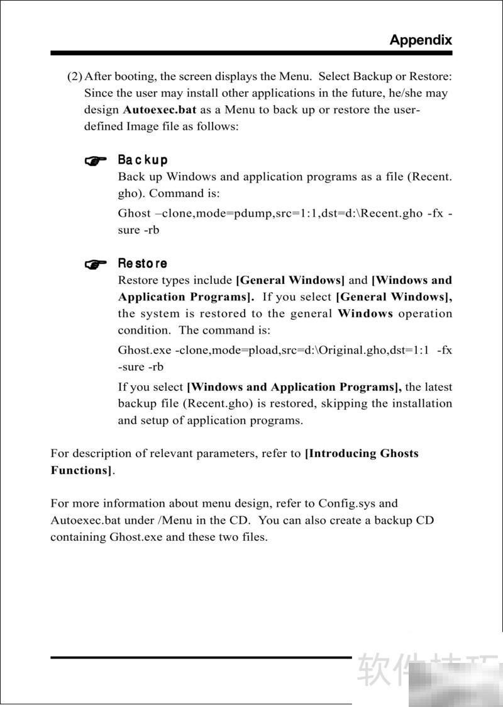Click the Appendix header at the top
420,40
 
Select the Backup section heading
143,161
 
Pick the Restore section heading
143,264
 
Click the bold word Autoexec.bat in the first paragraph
160,110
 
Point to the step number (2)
75,77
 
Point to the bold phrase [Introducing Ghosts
361,453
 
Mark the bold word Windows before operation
365,314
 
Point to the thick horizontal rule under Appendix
251,53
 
